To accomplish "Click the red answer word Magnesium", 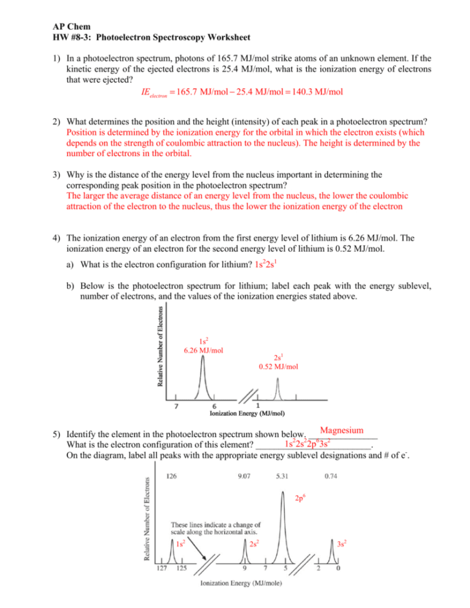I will (342, 431).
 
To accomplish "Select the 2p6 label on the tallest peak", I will (300, 499).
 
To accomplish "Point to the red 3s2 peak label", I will (342, 544).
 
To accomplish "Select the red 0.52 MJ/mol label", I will (278, 367).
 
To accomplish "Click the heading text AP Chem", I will (68, 28).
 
